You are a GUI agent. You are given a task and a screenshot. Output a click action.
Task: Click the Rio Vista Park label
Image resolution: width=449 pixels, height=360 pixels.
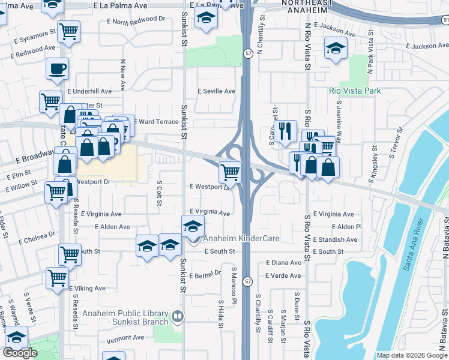click(355, 91)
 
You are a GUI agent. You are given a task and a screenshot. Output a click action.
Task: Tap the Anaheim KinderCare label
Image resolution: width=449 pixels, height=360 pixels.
click(241, 239)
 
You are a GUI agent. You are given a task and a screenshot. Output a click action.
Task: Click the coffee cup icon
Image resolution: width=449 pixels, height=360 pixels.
click(57, 69)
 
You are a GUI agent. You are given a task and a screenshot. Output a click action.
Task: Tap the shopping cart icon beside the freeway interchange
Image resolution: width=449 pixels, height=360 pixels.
click(231, 172)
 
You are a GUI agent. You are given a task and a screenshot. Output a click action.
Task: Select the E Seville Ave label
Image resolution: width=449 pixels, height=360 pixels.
click(217, 91)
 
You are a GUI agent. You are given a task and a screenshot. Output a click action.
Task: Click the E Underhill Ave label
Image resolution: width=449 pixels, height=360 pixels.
click(89, 91)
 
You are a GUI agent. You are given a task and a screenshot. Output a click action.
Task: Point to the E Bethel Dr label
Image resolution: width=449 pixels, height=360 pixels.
click(205, 276)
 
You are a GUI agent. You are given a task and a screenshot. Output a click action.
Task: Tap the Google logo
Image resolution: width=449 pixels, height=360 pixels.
click(20, 353)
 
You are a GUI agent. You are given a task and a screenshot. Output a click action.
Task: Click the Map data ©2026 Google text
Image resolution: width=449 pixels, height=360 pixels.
click(412, 355)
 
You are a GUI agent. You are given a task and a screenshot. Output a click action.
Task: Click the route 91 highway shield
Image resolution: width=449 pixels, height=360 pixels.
click(444, 20)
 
